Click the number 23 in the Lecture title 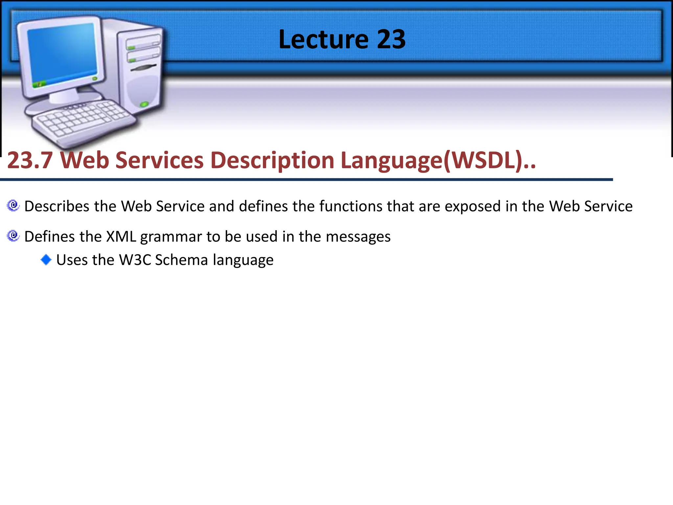point(391,39)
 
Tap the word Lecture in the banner point(323,39)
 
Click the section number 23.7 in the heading point(30,160)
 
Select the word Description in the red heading point(272,160)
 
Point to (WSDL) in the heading point(483,160)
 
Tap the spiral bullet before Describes point(13,206)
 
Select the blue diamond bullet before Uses point(46,260)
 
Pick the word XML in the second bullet point(121,237)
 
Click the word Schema point(181,260)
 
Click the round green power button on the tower point(144,105)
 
